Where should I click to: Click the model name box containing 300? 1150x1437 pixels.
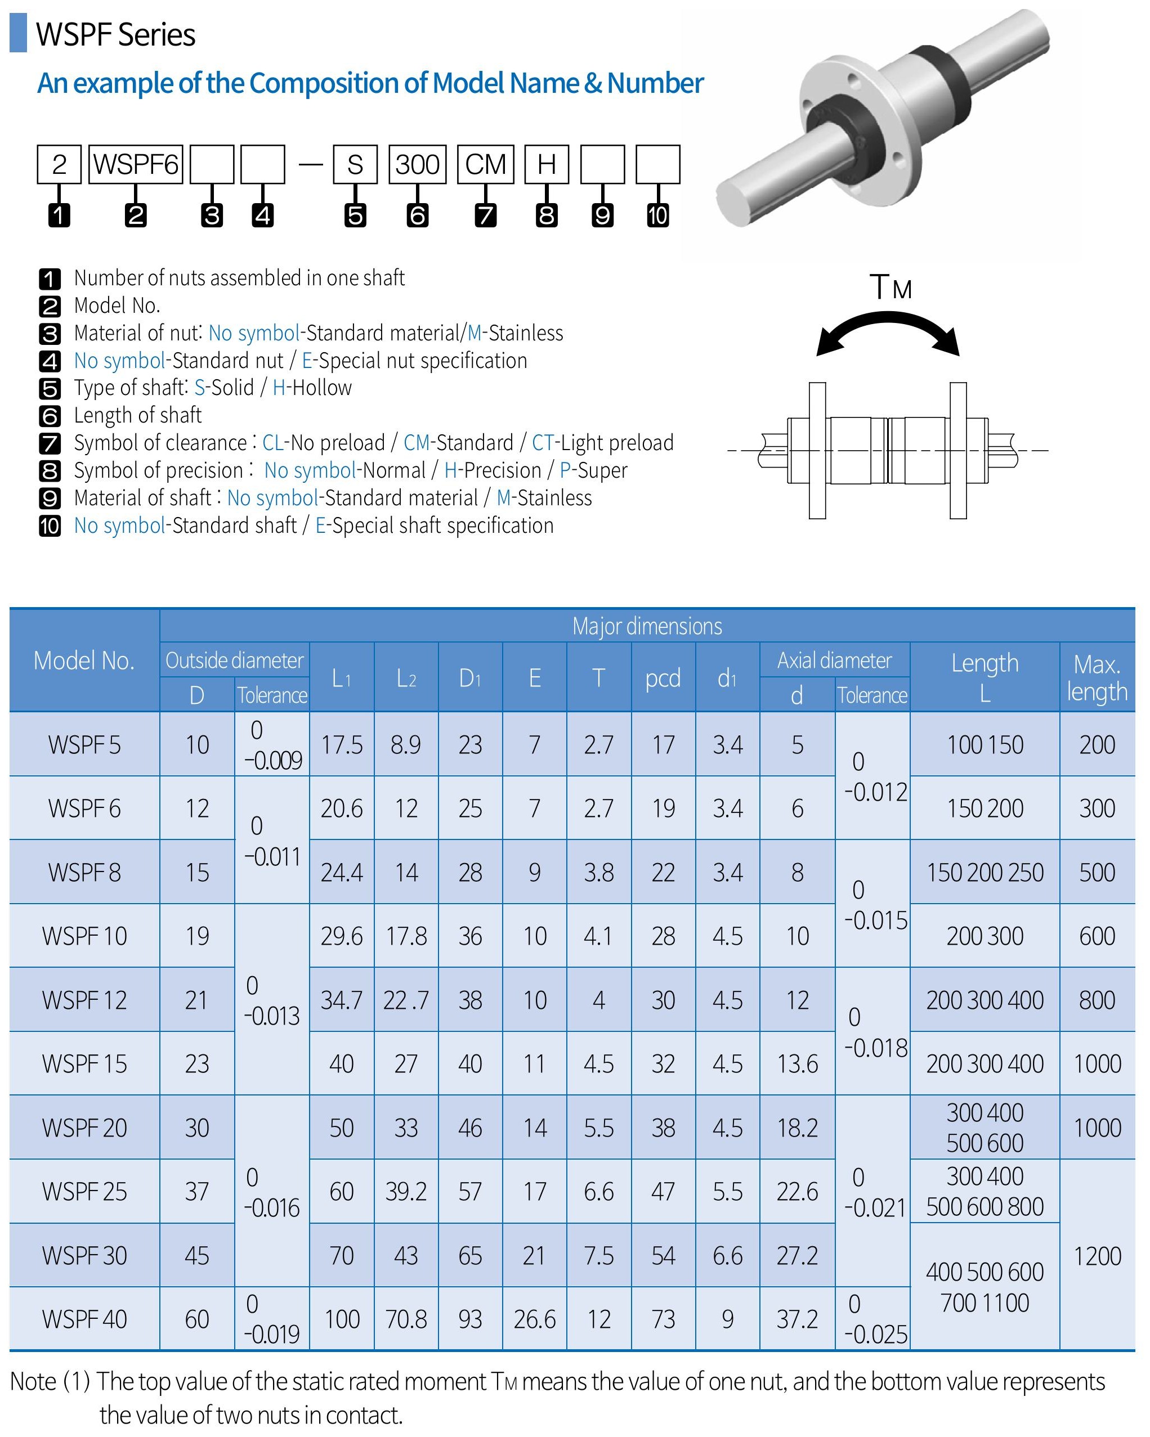coord(417,164)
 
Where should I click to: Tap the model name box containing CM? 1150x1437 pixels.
coord(485,164)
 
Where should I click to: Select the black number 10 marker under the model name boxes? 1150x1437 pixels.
coord(657,215)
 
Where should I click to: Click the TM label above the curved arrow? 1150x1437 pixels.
coord(890,288)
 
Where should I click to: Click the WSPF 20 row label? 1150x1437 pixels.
coord(84,1128)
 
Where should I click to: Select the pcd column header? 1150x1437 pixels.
coord(663,678)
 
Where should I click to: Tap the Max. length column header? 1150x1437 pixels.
coord(1097,678)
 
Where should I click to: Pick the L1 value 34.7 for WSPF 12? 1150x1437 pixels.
coord(341,1000)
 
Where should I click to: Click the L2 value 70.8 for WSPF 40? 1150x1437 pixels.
coord(406,1319)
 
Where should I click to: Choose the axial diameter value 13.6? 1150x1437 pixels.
coord(797,1064)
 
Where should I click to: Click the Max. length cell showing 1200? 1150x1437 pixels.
coord(1097,1256)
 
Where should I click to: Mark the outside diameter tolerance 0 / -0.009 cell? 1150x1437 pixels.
coord(272,744)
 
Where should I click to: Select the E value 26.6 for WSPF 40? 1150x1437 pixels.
coord(535,1319)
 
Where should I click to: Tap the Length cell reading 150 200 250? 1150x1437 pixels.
coord(985,873)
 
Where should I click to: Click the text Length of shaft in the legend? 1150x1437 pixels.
coord(137,415)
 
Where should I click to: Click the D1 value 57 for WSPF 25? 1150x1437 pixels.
coord(470,1192)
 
